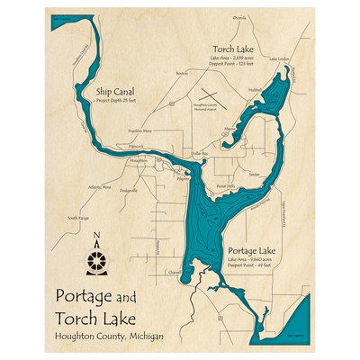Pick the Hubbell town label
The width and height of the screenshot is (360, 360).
point(254,89)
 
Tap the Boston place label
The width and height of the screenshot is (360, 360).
point(183,73)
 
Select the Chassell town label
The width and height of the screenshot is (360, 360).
point(175,272)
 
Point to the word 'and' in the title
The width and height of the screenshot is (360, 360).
point(126,296)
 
